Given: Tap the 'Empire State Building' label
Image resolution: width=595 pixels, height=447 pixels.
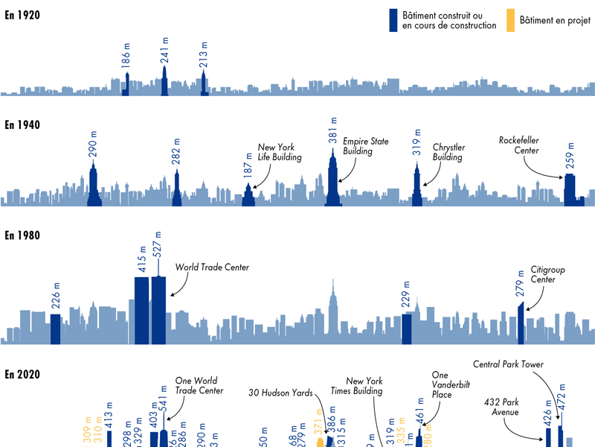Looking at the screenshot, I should [358, 146].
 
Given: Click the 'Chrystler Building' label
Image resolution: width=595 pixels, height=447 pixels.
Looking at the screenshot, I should [448, 152].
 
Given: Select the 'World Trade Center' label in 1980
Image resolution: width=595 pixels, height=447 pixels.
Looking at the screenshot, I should [212, 267].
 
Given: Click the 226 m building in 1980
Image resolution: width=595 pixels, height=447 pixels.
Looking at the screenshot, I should [55, 329].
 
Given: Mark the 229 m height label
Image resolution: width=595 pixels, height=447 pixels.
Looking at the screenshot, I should [406, 296].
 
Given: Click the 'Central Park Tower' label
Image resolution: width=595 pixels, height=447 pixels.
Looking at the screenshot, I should [508, 364].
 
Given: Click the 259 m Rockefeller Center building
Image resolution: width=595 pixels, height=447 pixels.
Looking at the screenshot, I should [570, 190].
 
